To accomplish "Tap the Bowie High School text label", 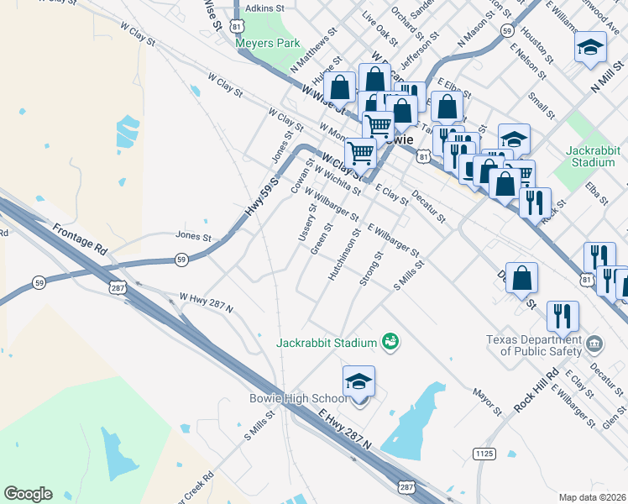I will [x=297, y=398].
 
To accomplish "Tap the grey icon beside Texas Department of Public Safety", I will [x=594, y=343].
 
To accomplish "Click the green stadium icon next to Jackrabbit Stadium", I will [x=390, y=340].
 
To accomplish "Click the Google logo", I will [x=28, y=494].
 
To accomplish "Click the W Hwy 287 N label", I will [x=206, y=302].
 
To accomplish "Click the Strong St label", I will [x=370, y=268].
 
